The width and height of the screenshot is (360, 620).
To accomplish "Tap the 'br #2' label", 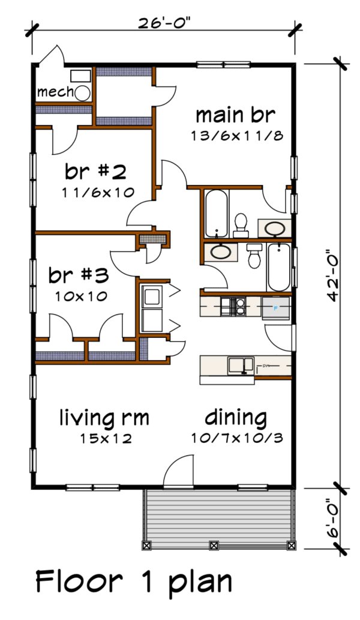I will (96, 172).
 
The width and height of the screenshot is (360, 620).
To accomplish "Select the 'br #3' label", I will (78, 275).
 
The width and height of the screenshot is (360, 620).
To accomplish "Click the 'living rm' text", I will (104, 417).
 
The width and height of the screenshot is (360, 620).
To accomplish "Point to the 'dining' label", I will (236, 417).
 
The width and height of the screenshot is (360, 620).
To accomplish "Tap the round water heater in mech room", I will (82, 92).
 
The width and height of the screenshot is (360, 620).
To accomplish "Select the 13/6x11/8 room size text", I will (236, 135).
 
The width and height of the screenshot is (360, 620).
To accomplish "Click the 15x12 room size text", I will (106, 438).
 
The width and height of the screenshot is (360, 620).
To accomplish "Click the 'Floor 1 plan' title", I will (133, 582).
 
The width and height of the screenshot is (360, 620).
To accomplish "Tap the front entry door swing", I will (178, 471).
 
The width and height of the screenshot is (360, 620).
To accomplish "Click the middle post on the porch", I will (213, 546).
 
